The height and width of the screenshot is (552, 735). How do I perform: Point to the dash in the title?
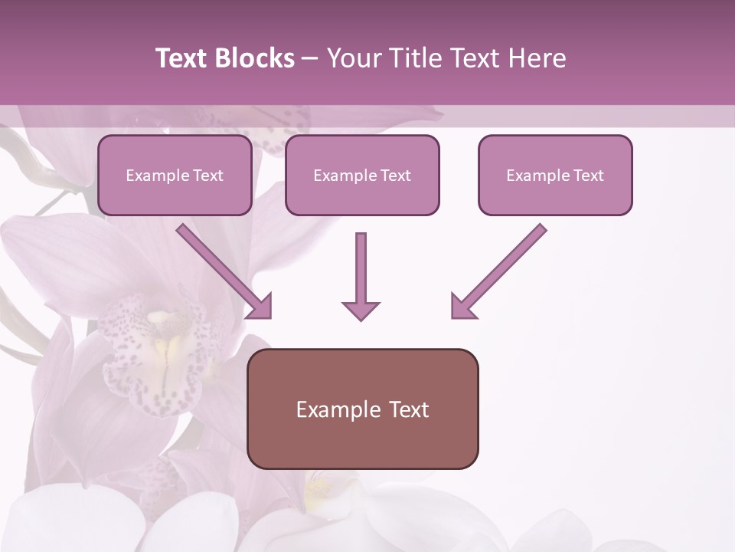pos(310,58)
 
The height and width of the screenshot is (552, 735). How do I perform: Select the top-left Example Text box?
pos(175,175)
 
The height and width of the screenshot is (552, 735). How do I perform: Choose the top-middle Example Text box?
pos(362,175)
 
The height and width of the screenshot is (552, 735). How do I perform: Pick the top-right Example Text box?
pos(555,175)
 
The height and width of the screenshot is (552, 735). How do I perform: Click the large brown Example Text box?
pos(362,409)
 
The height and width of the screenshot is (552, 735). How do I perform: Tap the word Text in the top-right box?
pos(588,176)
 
